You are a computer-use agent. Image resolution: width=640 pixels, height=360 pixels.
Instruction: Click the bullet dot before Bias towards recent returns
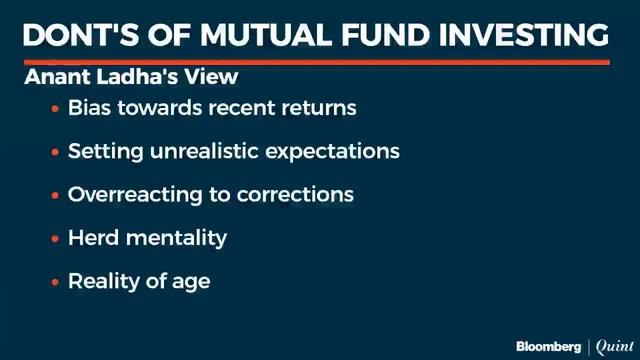55,108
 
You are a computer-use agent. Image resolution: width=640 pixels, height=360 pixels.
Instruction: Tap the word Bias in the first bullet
88,107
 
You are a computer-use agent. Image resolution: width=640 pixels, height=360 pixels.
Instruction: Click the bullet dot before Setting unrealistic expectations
55,152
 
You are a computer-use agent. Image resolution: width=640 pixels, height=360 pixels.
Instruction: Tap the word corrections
295,195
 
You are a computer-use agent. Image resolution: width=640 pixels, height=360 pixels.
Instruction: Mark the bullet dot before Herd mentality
55,239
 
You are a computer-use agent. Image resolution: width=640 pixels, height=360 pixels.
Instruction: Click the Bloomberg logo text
548,346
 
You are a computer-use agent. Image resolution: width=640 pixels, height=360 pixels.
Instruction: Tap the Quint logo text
612,346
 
